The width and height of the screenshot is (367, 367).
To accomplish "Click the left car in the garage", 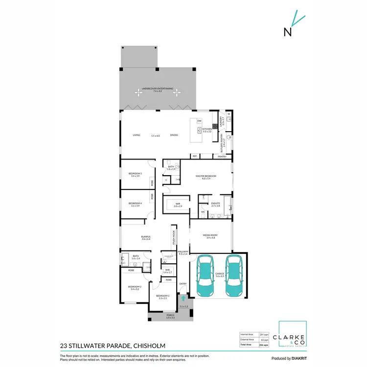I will tap(205, 276).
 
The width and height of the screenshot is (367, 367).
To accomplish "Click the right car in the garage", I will tap(234, 276).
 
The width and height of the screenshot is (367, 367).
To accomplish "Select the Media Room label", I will tap(209, 235).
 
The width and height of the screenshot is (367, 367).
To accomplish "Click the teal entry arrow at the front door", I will tap(183, 297).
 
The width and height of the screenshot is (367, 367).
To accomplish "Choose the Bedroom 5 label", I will tap(135, 174).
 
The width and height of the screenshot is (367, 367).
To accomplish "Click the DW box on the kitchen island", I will tap(199, 120).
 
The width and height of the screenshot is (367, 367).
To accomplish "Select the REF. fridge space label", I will tap(194, 156).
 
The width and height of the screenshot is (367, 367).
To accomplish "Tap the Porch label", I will tap(170, 316).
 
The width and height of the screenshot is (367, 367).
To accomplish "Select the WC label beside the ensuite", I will tap(203, 212).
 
